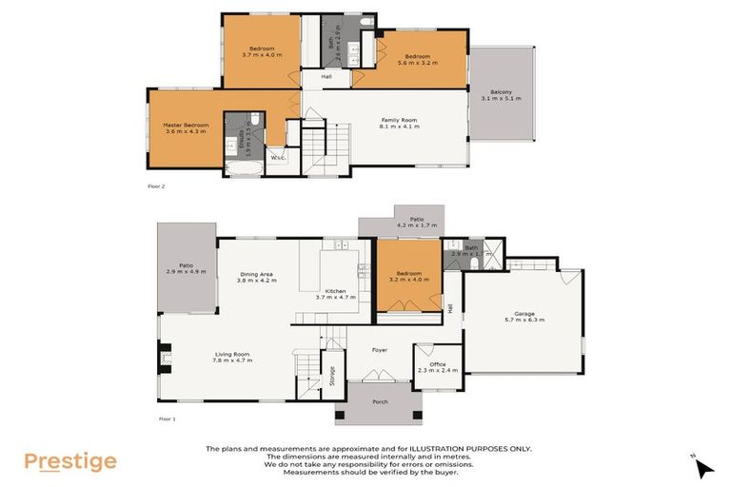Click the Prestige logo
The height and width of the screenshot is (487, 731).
click(69, 462)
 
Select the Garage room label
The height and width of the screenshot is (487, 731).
click(524, 316)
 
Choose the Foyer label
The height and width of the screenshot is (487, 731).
click(380, 350)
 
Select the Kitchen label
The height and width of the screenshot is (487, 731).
click(335, 292)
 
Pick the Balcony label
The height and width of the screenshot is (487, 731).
click(501, 94)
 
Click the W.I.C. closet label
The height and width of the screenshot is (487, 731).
click(279, 157)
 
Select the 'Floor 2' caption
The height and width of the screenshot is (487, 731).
click(156, 186)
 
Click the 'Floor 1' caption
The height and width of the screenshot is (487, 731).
click(168, 418)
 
